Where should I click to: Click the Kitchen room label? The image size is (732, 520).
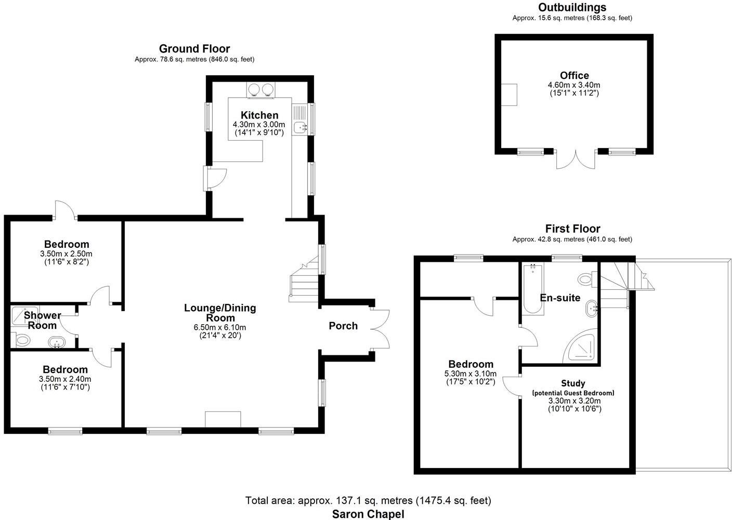259,115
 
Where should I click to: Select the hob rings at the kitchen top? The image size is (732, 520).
260,89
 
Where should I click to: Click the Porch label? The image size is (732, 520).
343,326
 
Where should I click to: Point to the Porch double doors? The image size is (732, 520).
381,329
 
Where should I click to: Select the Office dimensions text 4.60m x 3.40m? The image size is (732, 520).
574,85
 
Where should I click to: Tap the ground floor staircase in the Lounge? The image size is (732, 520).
304,284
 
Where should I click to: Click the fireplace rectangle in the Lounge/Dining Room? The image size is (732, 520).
223,419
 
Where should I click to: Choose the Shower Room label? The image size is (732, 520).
42,321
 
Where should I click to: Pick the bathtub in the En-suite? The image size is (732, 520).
532,289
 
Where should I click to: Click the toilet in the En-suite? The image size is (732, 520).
586,279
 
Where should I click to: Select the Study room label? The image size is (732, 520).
573,383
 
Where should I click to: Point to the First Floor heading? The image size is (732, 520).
572,229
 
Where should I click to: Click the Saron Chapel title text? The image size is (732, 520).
368,514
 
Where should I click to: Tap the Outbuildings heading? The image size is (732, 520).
572,7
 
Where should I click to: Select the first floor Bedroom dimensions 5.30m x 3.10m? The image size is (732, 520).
470,374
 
